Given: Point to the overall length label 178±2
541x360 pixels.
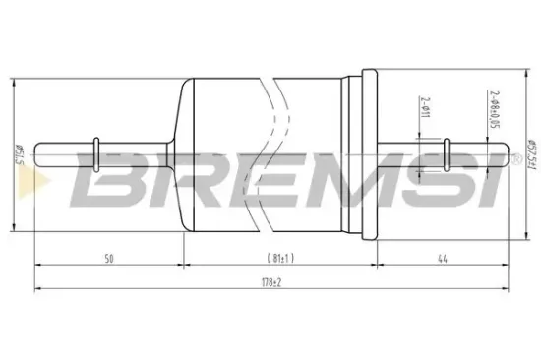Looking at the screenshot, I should pos(272,283).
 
